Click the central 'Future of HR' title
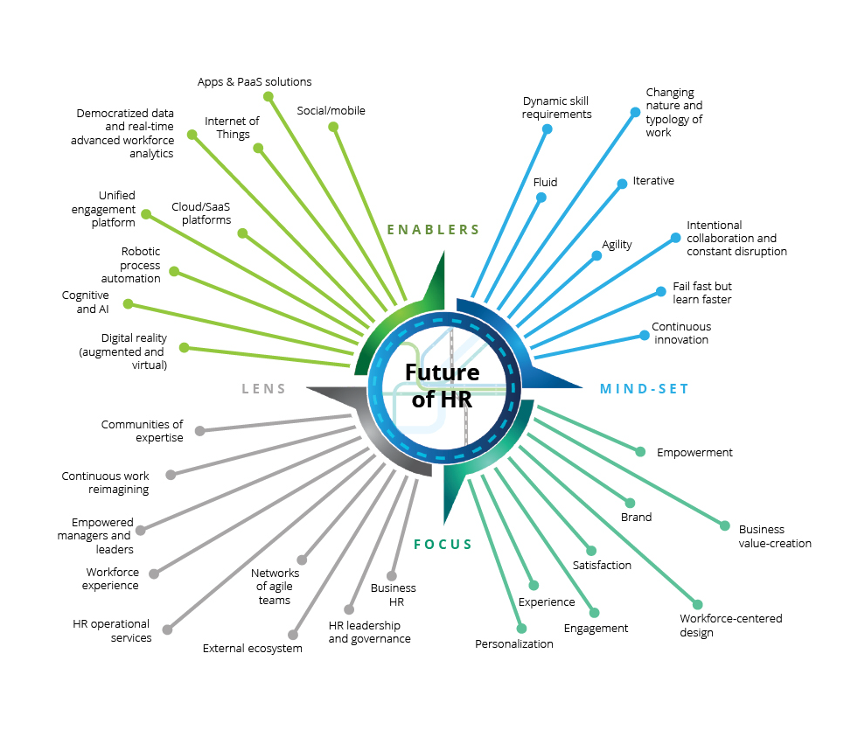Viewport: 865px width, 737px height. click(442, 386)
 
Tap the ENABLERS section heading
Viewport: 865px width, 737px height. click(433, 229)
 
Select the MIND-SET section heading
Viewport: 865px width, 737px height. click(645, 389)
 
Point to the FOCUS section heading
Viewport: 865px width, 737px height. click(443, 545)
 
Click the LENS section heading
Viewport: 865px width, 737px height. click(263, 389)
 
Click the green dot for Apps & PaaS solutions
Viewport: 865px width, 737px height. click(269, 97)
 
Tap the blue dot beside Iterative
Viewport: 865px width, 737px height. click(622, 184)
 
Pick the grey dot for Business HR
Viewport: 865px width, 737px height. click(392, 577)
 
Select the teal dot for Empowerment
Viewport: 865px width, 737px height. click(640, 452)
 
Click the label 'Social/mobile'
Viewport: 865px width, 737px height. click(331, 111)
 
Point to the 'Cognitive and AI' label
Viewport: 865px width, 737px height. click(86, 302)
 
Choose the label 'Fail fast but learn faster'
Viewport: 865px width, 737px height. click(702, 293)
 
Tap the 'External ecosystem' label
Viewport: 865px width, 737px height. click(252, 649)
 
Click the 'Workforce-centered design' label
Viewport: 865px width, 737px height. click(731, 626)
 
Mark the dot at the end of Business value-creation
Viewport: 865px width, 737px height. click(725, 526)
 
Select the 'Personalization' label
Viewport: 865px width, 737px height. click(514, 643)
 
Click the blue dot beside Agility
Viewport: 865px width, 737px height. click(596, 256)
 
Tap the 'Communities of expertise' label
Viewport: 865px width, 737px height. click(142, 431)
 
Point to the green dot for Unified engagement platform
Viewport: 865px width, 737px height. click(146, 214)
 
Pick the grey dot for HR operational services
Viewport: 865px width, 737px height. click(168, 629)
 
